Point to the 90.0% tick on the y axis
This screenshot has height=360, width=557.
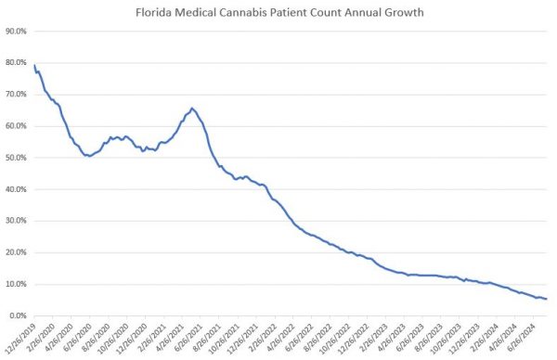click(x=16, y=31)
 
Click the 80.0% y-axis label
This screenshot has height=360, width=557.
click(x=16, y=62)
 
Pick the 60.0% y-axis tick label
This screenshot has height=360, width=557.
click(x=16, y=125)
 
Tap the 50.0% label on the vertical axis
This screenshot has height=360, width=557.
click(x=16, y=158)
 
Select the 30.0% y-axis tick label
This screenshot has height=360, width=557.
click(x=16, y=221)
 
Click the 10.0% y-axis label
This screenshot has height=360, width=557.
click(x=16, y=284)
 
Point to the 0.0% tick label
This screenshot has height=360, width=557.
click(x=18, y=315)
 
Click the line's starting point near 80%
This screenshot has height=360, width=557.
click(x=35, y=65)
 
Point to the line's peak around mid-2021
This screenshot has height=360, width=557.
click(x=191, y=109)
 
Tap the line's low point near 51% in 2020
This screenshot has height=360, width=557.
click(x=88, y=156)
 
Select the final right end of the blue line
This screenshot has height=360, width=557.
click(x=546, y=299)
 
